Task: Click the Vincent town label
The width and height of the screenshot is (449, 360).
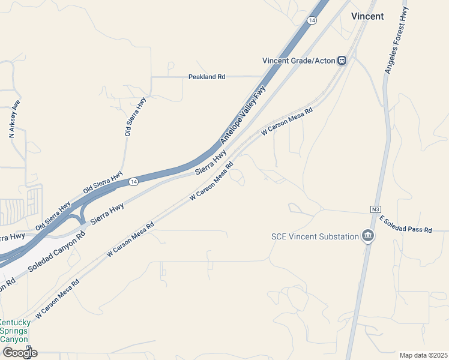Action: [367, 16]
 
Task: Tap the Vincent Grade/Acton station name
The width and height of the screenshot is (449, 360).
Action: [298, 60]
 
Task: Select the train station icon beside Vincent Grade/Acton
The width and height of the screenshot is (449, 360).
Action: [342, 60]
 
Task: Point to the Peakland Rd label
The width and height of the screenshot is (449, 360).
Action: [206, 77]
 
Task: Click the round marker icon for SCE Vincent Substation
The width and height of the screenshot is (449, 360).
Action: [368, 236]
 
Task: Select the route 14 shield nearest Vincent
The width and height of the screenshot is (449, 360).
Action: [311, 20]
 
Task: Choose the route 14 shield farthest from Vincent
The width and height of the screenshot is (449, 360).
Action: [134, 181]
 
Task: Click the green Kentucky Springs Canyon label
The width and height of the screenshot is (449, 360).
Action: [14, 331]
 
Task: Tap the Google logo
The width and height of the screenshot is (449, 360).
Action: [20, 353]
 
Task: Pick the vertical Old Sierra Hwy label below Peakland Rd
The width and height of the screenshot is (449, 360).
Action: [135, 117]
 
